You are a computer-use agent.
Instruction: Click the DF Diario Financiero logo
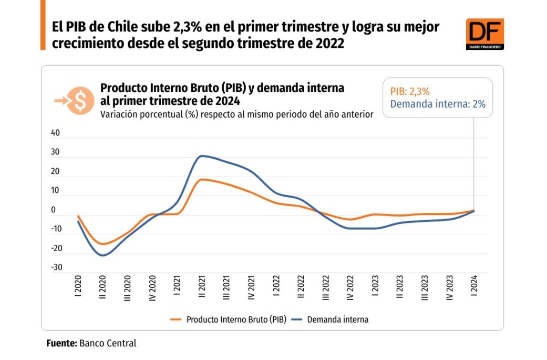484,34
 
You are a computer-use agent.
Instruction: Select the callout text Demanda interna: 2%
438,104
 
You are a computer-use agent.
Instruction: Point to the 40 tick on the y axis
56,133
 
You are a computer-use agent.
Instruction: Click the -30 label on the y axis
56,268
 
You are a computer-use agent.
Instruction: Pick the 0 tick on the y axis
54,210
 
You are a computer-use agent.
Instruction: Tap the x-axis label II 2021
202,289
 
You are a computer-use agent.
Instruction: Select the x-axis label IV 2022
350,289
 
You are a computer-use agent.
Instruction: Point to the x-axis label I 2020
78,287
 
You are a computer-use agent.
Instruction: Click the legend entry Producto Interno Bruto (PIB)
229,319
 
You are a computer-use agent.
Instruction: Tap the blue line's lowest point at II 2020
103,255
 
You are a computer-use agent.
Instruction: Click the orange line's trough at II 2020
103,244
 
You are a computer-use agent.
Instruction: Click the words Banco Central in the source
108,343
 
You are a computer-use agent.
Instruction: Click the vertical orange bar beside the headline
43,25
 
